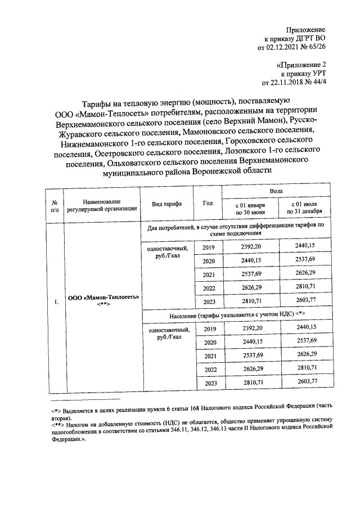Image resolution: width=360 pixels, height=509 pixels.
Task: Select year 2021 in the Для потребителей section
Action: click(x=210, y=274)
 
